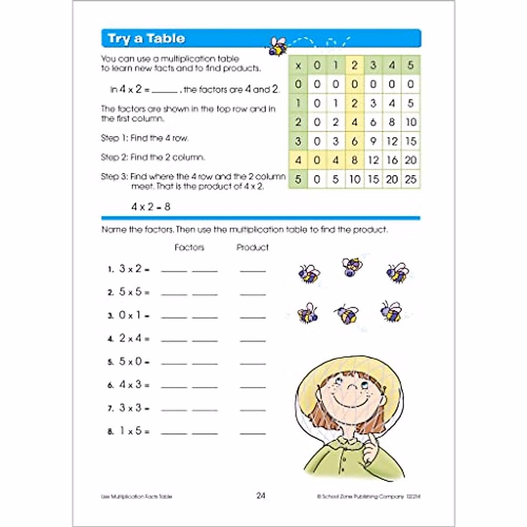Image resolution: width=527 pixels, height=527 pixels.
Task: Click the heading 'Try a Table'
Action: pyautogui.click(x=146, y=39)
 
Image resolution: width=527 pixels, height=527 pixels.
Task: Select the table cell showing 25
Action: pyautogui.click(x=411, y=179)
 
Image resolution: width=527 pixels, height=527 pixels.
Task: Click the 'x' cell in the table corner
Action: pyautogui.click(x=298, y=66)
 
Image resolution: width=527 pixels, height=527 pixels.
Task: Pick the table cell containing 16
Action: pyautogui.click(x=392, y=160)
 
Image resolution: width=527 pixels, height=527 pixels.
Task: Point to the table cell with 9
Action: pyautogui.click(x=373, y=141)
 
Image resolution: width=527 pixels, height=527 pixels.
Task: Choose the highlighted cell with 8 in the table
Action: pyautogui.click(x=354, y=160)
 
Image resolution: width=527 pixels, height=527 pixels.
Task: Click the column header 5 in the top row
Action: pyautogui.click(x=411, y=66)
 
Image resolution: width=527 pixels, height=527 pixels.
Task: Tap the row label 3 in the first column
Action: pyautogui.click(x=298, y=141)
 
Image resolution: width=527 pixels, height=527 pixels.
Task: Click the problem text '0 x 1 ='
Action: pyautogui.click(x=134, y=315)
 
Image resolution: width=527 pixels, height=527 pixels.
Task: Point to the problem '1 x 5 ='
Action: pyautogui.click(x=134, y=431)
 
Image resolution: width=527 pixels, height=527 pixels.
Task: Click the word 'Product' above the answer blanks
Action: pyautogui.click(x=253, y=248)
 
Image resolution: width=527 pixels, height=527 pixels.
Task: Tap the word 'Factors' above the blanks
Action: pyautogui.click(x=189, y=248)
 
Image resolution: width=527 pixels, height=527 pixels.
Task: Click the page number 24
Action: pyautogui.click(x=261, y=496)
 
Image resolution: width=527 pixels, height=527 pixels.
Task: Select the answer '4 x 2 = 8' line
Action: pyautogui.click(x=151, y=207)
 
